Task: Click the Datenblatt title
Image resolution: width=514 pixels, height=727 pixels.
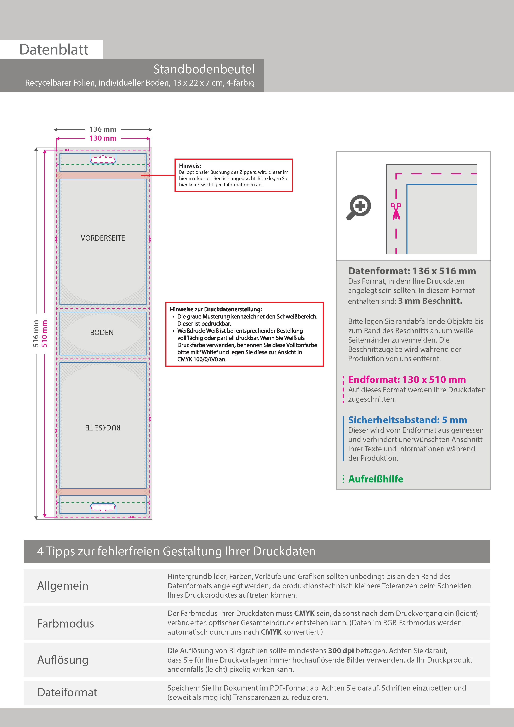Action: [x=54, y=50]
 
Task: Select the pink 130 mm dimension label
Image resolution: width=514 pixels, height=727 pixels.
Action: [x=103, y=138]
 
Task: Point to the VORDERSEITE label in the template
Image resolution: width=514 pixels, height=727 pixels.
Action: [x=103, y=238]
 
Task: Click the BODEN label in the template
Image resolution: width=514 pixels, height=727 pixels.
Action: [x=102, y=332]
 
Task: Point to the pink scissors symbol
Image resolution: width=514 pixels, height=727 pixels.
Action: [x=396, y=211]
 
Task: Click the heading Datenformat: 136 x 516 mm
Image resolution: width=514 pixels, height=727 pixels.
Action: [x=412, y=271]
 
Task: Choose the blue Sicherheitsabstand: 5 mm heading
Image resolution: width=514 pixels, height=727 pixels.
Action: [x=407, y=420]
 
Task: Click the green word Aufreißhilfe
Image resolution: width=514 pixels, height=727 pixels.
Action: [x=376, y=479]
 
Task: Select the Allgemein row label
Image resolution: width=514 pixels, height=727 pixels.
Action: [x=63, y=586]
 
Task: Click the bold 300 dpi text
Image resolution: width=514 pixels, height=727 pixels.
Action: [x=341, y=651]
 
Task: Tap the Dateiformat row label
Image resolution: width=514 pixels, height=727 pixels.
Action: [x=67, y=692]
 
